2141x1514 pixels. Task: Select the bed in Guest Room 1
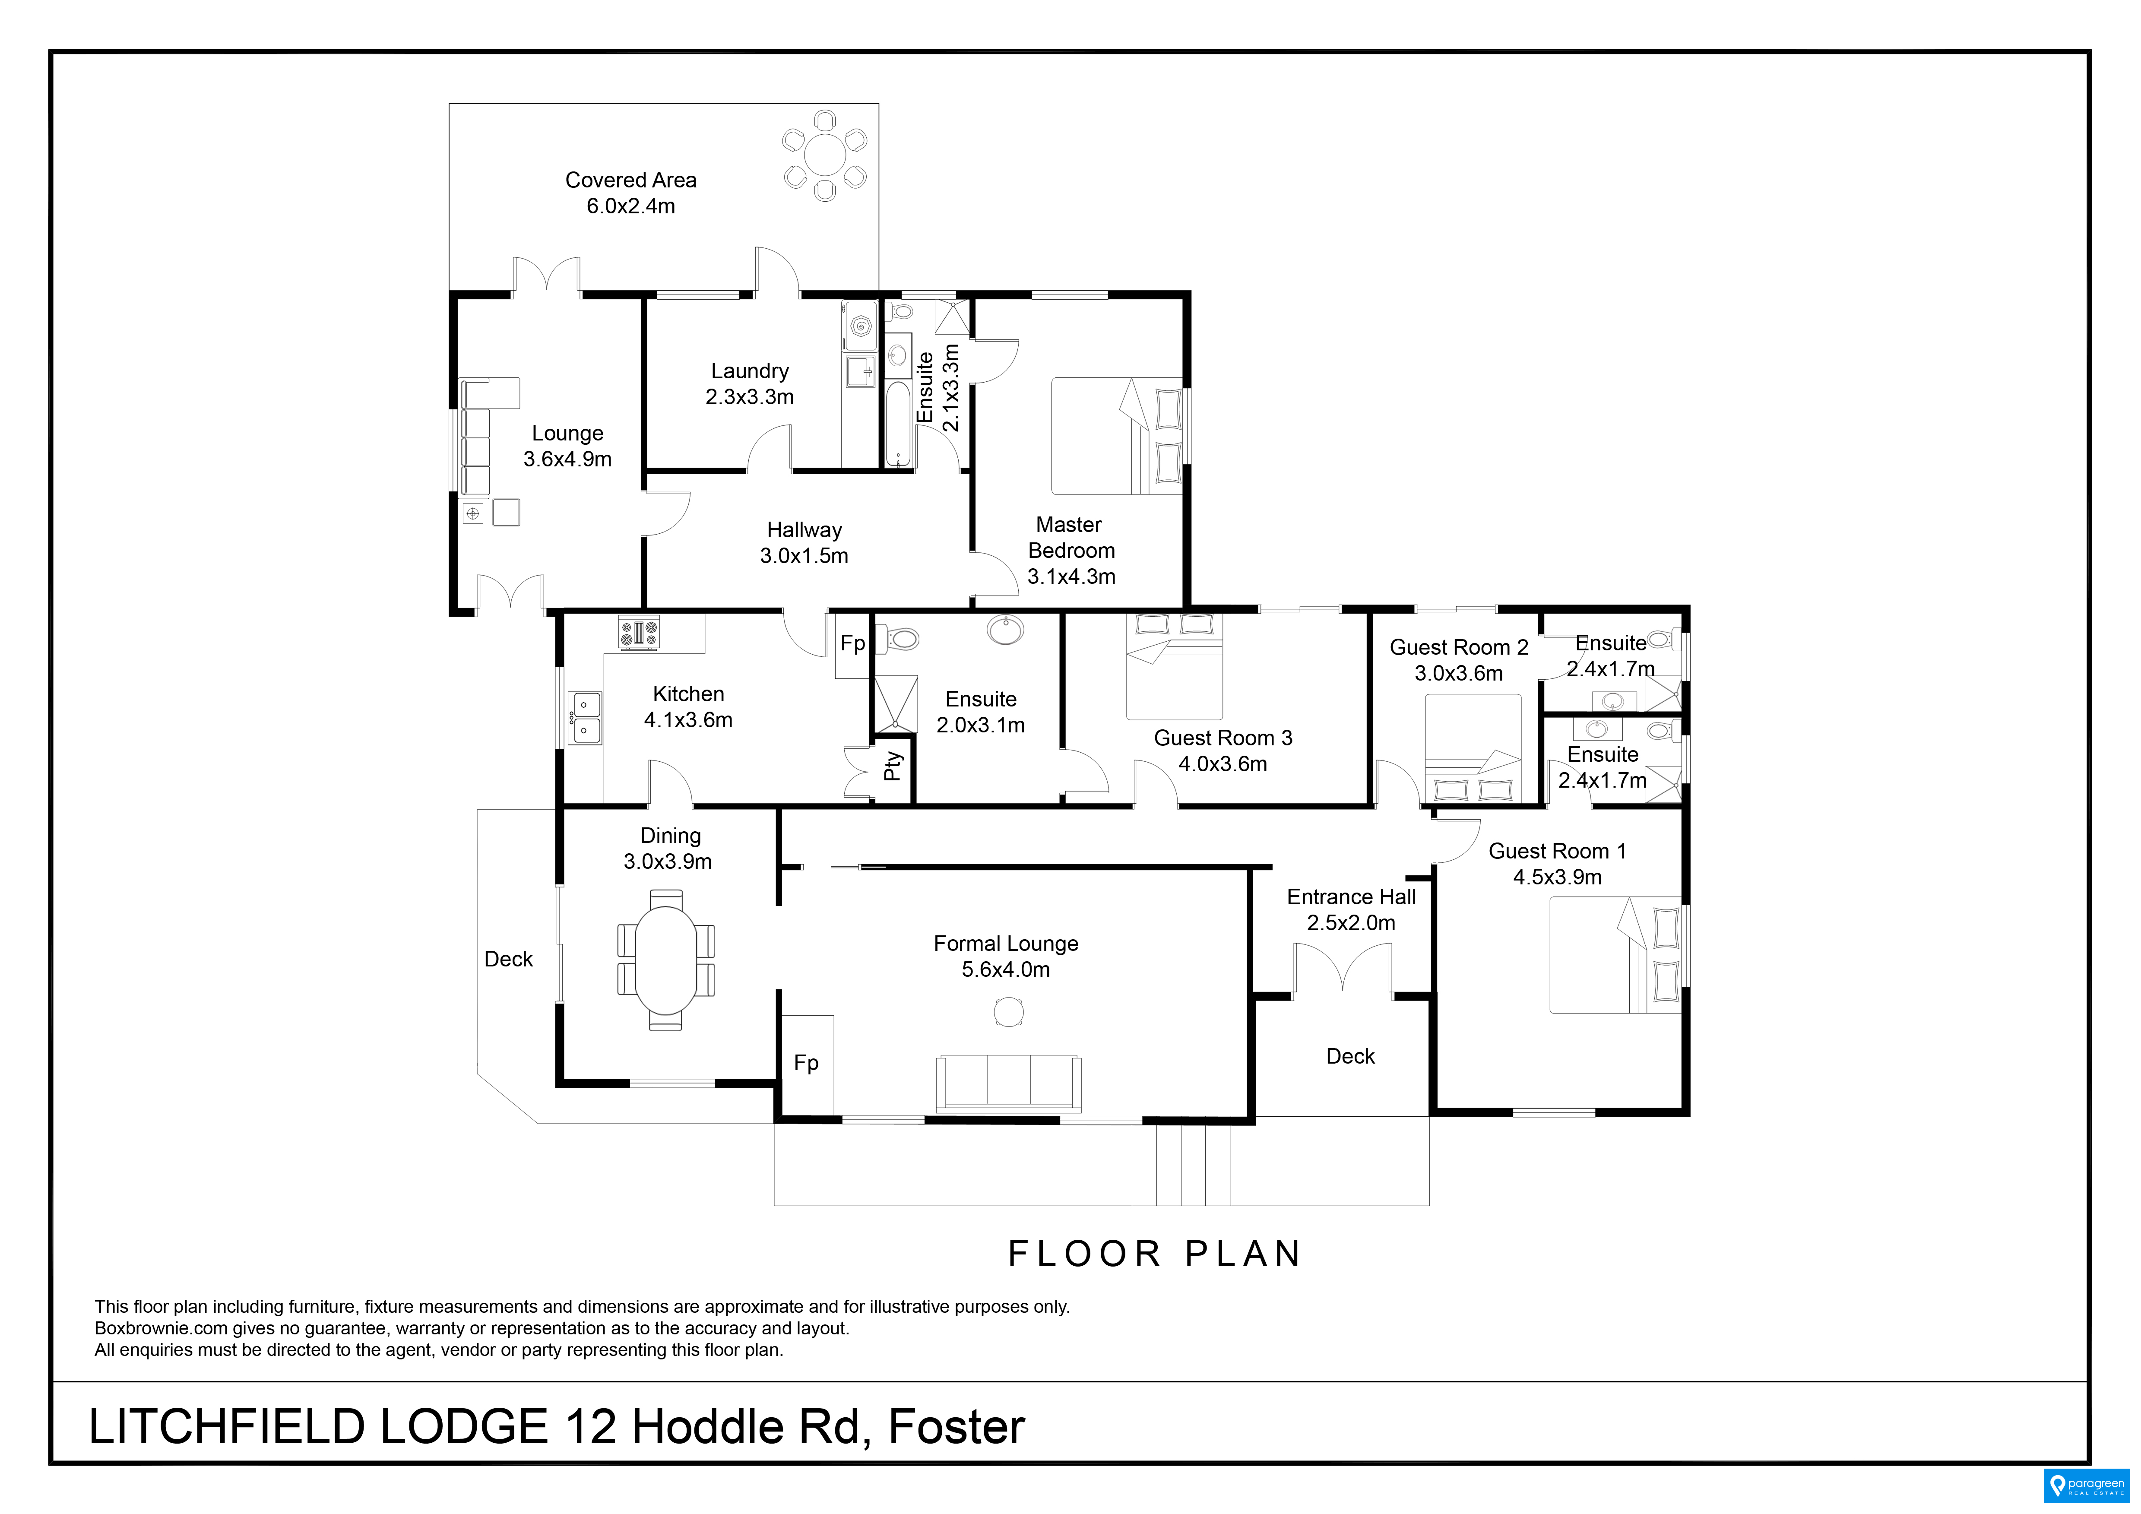tap(1615, 955)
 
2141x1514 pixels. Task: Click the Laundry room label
tap(750, 371)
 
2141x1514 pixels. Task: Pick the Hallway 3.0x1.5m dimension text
tap(804, 557)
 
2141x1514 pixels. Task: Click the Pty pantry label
tap(893, 767)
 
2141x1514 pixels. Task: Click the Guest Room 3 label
tap(1223, 738)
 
